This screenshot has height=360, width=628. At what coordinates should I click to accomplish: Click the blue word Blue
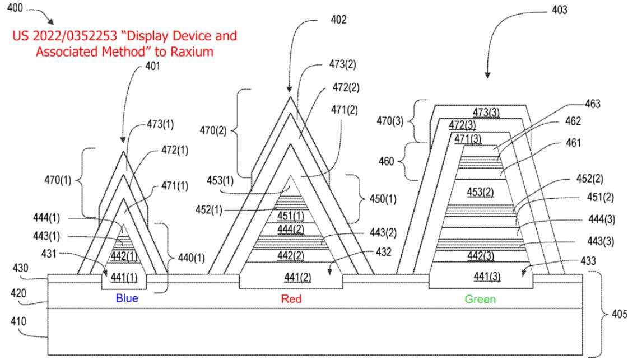(127, 298)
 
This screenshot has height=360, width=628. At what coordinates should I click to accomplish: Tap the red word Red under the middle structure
(291, 299)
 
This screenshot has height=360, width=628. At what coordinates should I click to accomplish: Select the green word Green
(480, 300)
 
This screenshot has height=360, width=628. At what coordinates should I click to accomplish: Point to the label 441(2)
(290, 277)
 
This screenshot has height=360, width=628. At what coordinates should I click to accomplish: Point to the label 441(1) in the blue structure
(124, 276)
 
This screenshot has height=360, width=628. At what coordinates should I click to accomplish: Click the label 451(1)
(291, 216)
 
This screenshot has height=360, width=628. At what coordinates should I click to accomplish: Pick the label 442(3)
(480, 256)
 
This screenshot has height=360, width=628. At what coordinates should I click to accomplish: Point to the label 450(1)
(382, 199)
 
